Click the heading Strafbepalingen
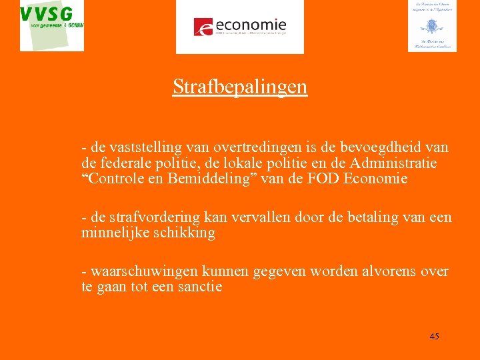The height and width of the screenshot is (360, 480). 240,87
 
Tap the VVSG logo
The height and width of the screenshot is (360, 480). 52,25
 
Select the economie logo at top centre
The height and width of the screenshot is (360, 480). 239,27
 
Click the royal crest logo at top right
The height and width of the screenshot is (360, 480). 432,26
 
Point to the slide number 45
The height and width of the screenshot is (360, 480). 434,337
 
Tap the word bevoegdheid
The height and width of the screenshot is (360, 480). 373,147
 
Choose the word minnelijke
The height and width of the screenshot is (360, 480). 115,233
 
